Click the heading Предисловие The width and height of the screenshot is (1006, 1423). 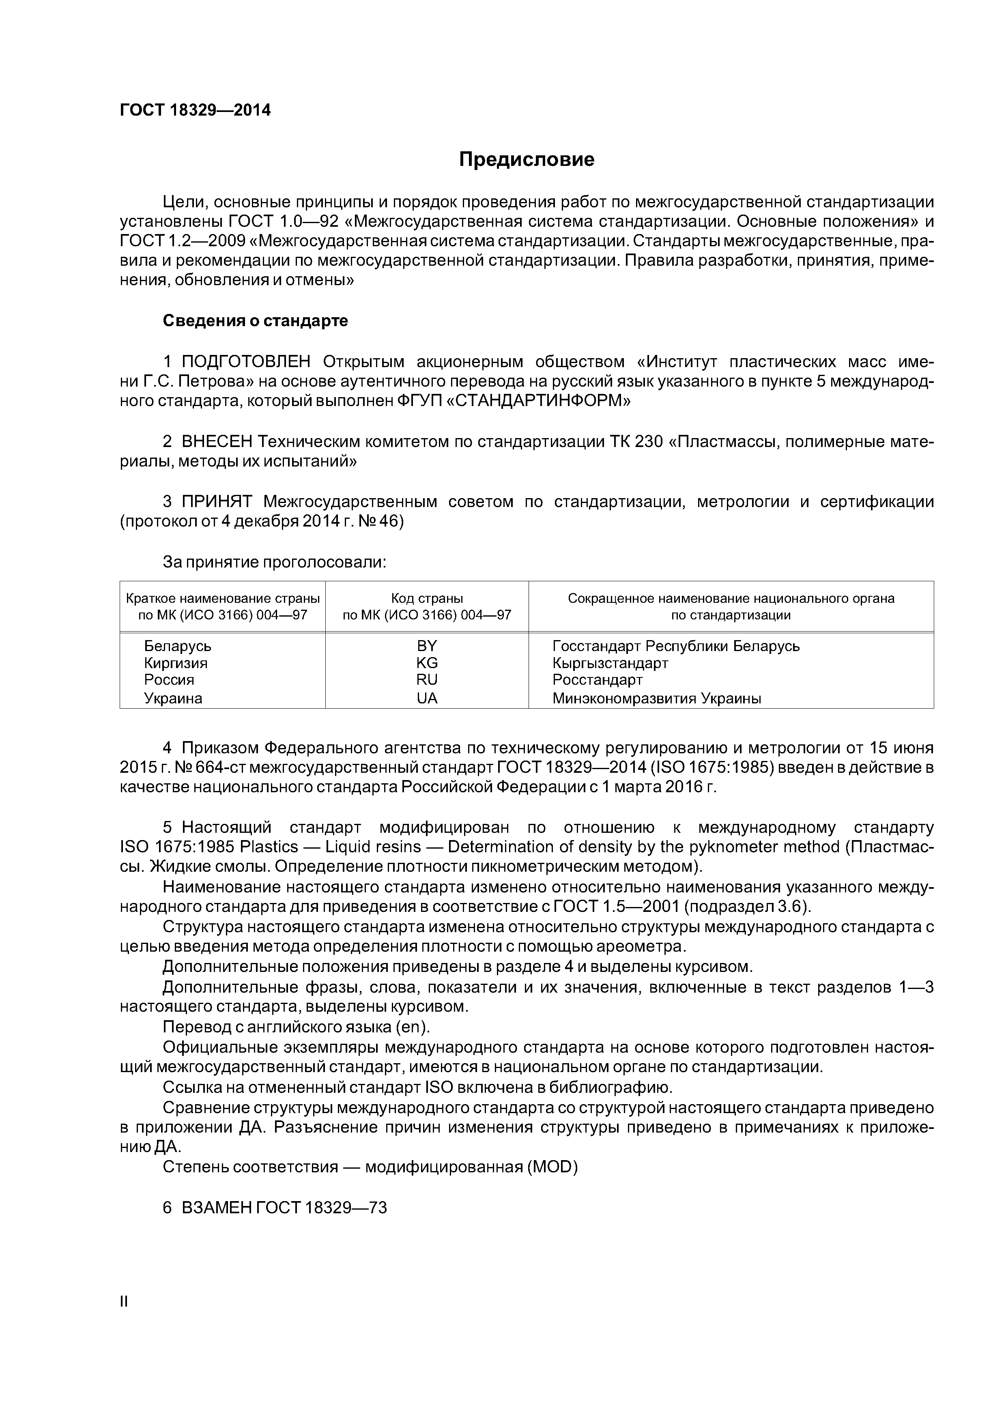526,160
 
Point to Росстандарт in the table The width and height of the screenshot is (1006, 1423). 598,680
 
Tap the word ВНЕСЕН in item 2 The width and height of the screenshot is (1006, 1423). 217,442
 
